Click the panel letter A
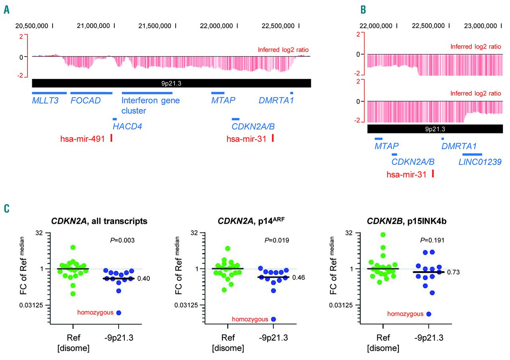coord(7,9)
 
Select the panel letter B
coord(363,9)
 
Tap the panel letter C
coord(7,209)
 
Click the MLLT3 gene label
coord(45,100)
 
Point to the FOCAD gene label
coord(85,100)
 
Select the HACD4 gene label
coord(127,127)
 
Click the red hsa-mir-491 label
coord(82,139)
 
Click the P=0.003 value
coord(122,240)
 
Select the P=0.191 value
coord(432,240)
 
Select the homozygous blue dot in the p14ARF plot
coord(274,319)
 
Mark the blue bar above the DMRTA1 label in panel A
coord(292,93)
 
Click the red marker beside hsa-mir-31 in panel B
coord(432,174)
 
